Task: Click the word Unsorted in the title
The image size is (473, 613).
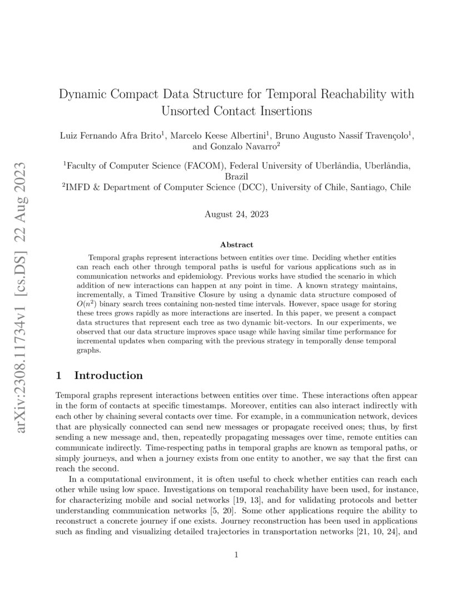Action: [186, 111]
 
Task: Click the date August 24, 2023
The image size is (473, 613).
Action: [237, 213]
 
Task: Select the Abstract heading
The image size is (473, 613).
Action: [237, 244]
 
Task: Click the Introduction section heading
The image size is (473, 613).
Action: [108, 376]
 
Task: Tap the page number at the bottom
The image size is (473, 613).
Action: [237, 554]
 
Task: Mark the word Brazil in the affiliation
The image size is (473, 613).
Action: [237, 176]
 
